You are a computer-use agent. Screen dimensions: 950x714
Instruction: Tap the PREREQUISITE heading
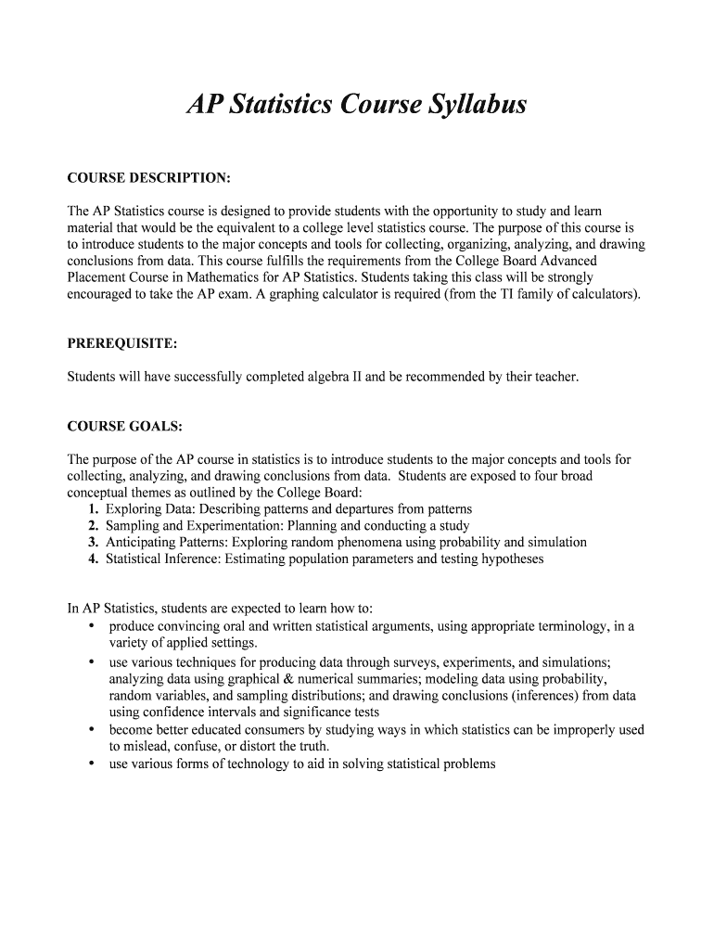(121, 343)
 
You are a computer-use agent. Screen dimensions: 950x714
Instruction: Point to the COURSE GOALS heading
(125, 427)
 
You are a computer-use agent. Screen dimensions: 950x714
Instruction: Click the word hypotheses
(506, 559)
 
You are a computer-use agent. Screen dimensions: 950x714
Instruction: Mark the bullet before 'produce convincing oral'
(91, 626)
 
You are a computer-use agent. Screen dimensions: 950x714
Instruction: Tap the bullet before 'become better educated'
(91, 729)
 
